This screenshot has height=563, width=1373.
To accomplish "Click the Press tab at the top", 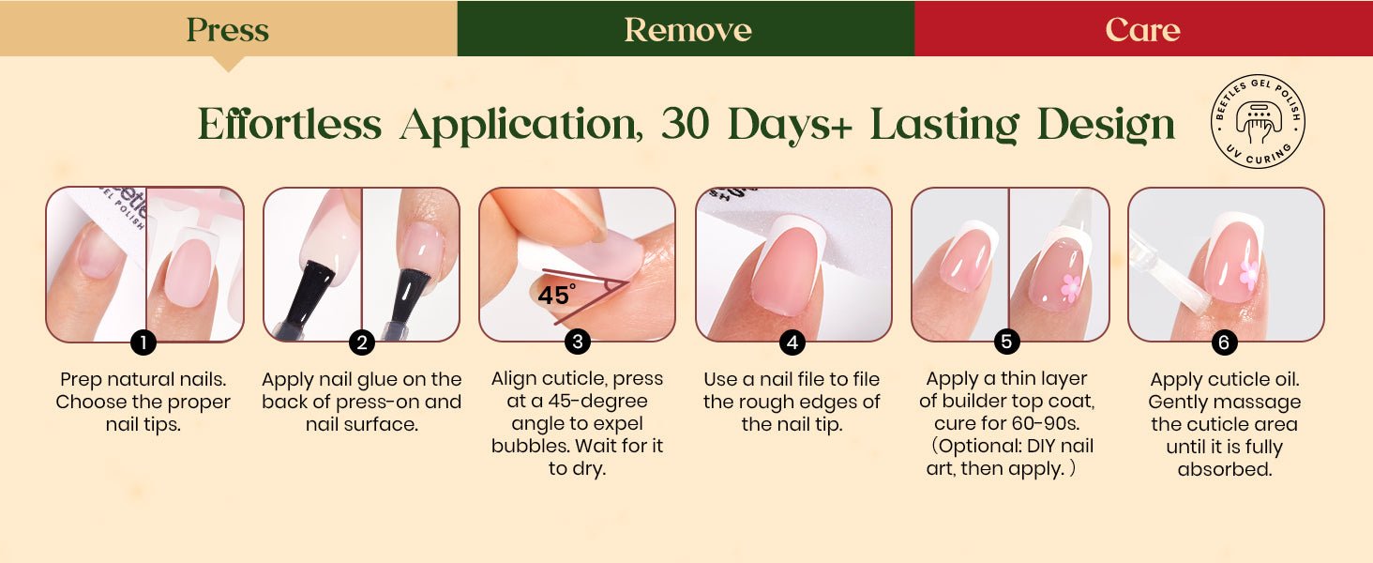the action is click(228, 28).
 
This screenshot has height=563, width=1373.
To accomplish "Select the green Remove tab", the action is click(686, 28).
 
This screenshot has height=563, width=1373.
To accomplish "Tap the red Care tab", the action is click(1144, 28).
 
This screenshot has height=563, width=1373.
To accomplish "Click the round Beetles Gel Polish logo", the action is click(1258, 121).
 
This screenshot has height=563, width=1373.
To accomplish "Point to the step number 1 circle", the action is click(143, 342).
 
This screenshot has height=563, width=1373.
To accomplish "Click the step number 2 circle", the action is click(362, 342).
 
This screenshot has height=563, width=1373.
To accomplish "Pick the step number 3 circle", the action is click(578, 342).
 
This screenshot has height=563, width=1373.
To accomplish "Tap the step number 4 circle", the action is click(792, 342).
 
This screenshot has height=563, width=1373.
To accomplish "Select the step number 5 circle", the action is click(1006, 342).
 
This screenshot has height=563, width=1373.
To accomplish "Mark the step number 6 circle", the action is click(1224, 342).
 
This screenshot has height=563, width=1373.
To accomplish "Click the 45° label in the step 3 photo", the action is click(556, 295).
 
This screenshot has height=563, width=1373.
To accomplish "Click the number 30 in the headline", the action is click(685, 124).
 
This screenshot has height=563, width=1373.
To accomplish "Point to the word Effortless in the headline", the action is click(289, 124).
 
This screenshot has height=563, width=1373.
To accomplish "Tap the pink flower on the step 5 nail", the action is click(1071, 288).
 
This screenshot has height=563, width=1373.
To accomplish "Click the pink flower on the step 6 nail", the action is click(1248, 275).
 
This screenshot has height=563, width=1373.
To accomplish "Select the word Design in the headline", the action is click(1106, 126).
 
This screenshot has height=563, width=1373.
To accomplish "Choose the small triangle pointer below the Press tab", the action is click(227, 64).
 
